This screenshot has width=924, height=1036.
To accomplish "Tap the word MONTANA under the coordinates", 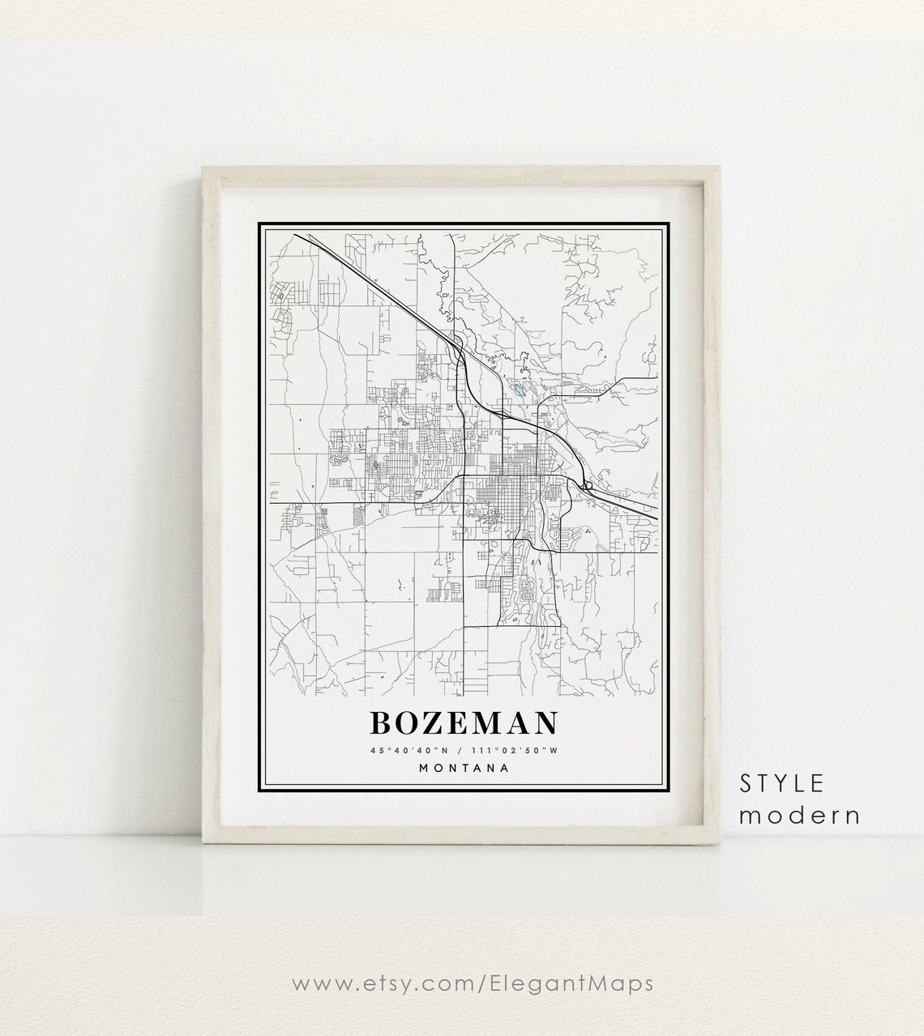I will [x=464, y=768].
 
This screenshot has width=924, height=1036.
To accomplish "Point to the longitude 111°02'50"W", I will [x=520, y=750].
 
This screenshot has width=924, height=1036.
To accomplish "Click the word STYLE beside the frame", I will [x=781, y=782].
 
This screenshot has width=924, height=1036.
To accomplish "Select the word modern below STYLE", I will [x=798, y=814].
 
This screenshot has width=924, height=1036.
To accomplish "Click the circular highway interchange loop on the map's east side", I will [x=587, y=486].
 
